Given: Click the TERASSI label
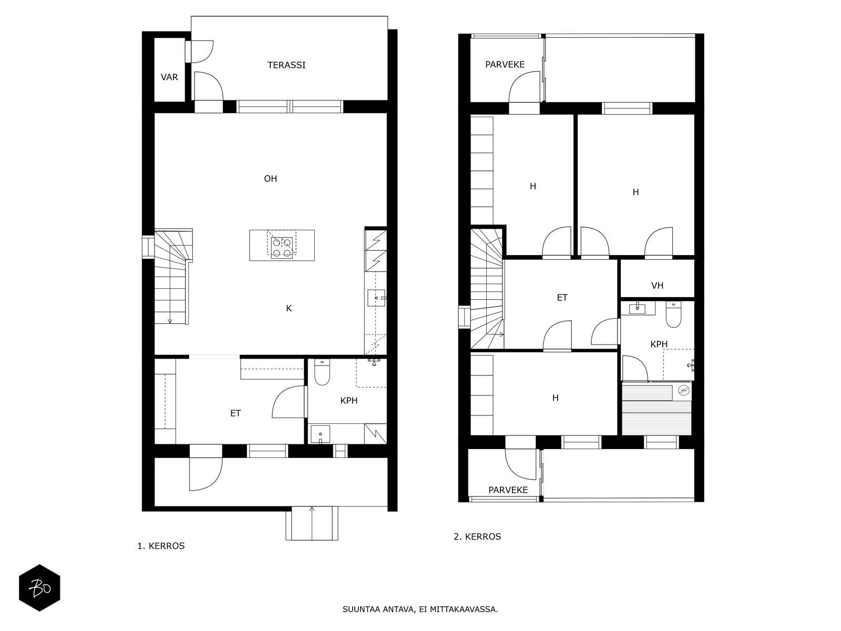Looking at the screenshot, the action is (286, 65).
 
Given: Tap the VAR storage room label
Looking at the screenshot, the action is (169, 77).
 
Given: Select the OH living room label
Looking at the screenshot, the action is (271, 179).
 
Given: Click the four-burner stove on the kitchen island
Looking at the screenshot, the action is (282, 248).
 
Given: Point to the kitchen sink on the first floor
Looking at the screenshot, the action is (376, 298).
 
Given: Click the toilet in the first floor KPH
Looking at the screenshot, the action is (322, 372).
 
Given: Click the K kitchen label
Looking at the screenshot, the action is (289, 309).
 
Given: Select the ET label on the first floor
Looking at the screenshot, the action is (235, 413).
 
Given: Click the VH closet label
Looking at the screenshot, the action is (657, 286).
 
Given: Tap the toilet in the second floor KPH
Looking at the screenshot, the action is (673, 314).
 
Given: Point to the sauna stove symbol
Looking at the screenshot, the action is (683, 390).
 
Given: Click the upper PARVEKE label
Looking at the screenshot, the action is (505, 64).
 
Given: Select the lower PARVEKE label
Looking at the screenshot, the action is (508, 490).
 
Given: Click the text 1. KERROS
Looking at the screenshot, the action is (161, 546).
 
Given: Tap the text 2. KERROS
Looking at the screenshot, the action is (477, 537).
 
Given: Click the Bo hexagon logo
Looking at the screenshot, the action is (39, 588).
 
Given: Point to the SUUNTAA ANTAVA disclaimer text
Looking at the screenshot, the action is (420, 609).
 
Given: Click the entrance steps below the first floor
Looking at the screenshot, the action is (312, 523).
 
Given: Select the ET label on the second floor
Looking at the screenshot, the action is (562, 298).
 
